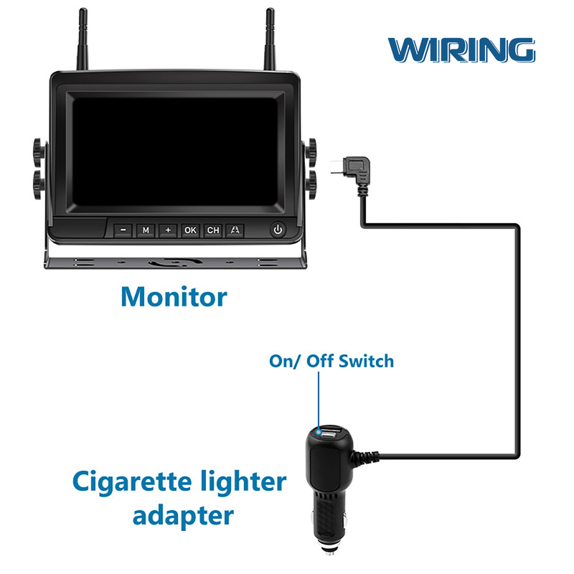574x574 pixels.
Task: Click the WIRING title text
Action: coord(461,50)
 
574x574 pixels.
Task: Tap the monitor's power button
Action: coord(278,230)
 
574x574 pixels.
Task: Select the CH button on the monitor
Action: coord(212,230)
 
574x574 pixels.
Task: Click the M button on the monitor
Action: coord(146,230)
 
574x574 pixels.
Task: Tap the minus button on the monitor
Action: coord(123,230)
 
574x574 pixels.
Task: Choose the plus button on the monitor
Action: coord(168,230)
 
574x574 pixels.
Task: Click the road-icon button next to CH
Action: coord(235,230)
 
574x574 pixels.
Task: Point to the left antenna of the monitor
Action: coord(83,39)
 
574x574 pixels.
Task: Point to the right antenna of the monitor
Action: coord(270,39)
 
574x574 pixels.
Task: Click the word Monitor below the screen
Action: coord(174,296)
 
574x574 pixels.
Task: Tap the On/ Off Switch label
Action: coord(331,361)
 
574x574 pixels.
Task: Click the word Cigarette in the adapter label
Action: coord(132,482)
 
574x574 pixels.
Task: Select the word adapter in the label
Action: coord(183,517)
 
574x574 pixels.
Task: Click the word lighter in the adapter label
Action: coord(243,482)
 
